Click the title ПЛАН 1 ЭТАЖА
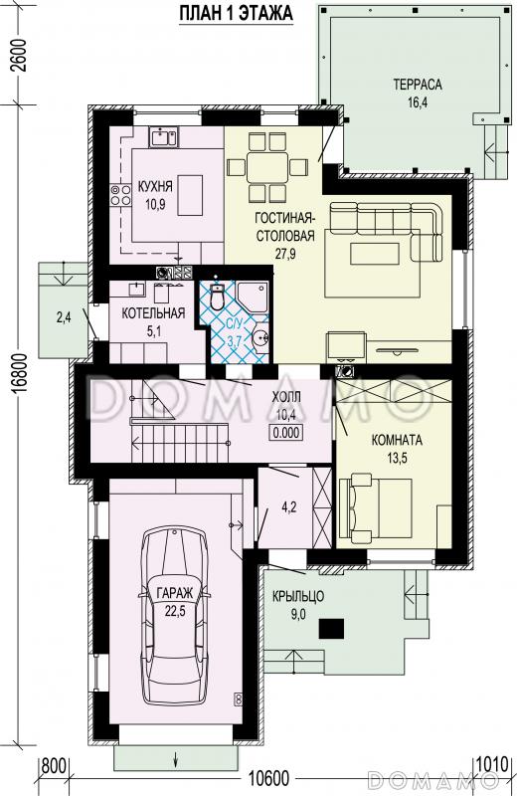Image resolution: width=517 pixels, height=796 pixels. click(x=237, y=13)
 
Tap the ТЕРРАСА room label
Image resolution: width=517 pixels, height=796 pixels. click(x=418, y=85)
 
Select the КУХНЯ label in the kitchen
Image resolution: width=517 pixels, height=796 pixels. click(x=155, y=186)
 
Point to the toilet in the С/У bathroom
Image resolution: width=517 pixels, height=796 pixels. click(x=217, y=297)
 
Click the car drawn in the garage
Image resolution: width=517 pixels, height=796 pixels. click(x=174, y=615)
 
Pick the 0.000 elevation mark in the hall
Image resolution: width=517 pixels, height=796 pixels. click(x=287, y=433)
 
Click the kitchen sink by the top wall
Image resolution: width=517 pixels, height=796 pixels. click(x=164, y=137)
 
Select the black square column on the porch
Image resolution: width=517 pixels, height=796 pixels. click(x=331, y=629)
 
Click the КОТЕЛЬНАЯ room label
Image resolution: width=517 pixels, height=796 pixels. click(x=153, y=313)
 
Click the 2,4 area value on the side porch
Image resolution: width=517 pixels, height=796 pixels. click(x=64, y=318)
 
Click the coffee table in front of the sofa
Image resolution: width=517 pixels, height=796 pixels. click(x=375, y=254)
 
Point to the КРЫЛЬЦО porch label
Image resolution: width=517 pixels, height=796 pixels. click(x=298, y=596)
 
